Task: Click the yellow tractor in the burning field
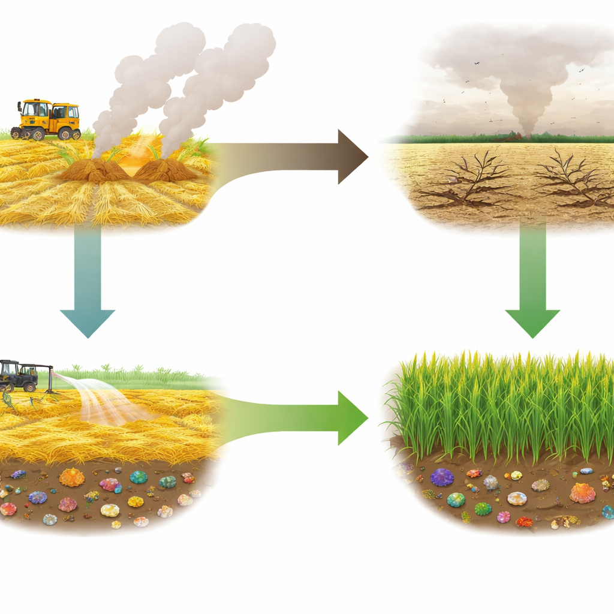click(47, 119)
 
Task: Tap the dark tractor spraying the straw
click(19, 376)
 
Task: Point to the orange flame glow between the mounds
click(129, 162)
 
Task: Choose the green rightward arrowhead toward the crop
click(351, 418)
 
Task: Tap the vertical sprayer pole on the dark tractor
click(52, 378)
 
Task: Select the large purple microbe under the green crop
click(443, 477)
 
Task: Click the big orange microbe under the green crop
click(582, 493)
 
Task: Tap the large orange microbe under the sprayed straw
click(73, 478)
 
